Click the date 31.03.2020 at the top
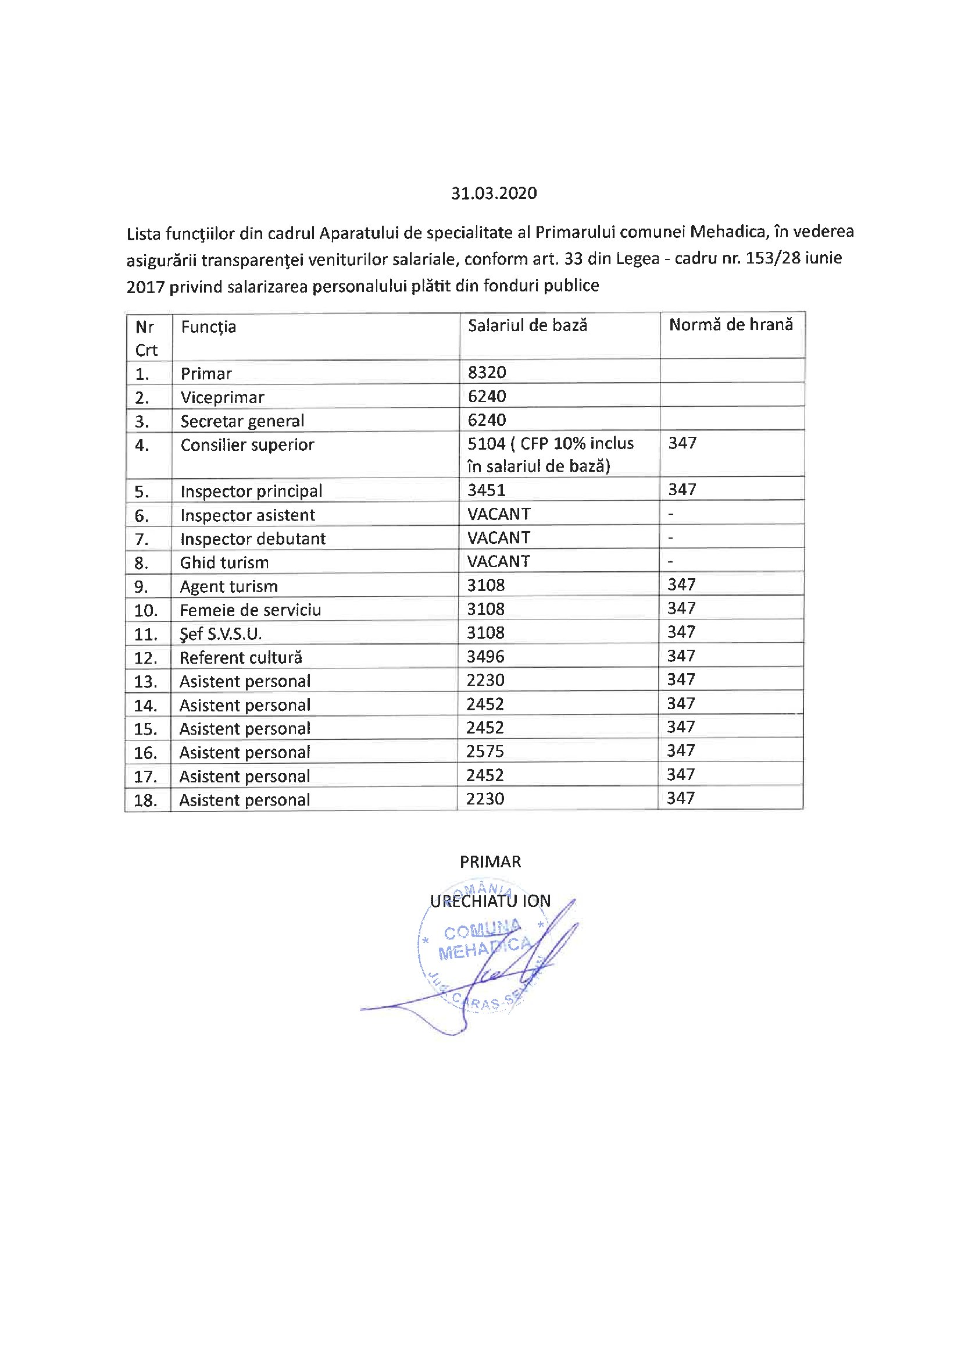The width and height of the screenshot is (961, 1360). coord(494,193)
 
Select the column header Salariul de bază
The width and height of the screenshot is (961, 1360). coord(527,325)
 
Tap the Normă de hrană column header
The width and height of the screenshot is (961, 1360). coord(731,325)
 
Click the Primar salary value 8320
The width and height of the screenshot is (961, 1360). coord(487,373)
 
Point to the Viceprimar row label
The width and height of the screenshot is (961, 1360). coord(222,397)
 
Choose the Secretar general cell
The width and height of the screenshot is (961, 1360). coord(242,421)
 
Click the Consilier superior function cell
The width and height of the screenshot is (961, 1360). coord(247,445)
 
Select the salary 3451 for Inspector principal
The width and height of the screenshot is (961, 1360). coord(486,490)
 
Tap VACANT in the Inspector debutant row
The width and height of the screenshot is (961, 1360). coord(499,538)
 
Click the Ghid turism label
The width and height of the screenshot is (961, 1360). coord(224,562)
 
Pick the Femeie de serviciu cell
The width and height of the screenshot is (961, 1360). coord(250,610)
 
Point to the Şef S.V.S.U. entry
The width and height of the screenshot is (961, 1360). coord(220,635)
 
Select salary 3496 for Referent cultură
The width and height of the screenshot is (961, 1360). coord(485,657)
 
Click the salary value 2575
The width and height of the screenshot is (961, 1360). coord(485,752)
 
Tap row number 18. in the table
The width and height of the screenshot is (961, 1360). coord(146,801)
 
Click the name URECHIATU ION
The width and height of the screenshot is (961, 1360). coord(490,901)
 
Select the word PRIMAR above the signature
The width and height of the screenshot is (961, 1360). coord(490,862)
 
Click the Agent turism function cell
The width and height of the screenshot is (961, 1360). coord(228,586)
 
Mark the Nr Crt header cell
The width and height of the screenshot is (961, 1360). coord(147,338)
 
